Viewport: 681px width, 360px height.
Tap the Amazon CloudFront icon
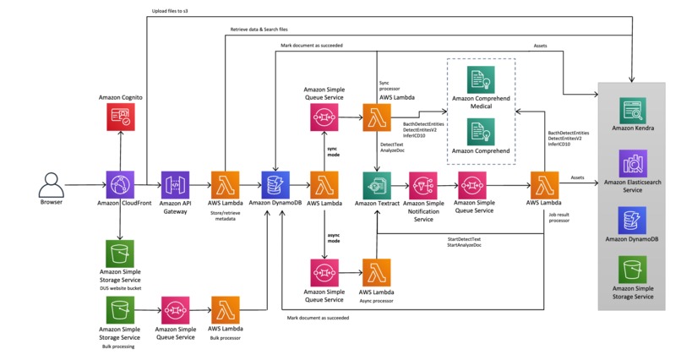119,184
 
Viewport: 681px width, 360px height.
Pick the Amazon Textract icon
377,184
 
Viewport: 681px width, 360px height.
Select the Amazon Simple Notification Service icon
422,184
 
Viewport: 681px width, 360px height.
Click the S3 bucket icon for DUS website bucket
119,252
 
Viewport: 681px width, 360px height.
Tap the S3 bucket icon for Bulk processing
119,309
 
